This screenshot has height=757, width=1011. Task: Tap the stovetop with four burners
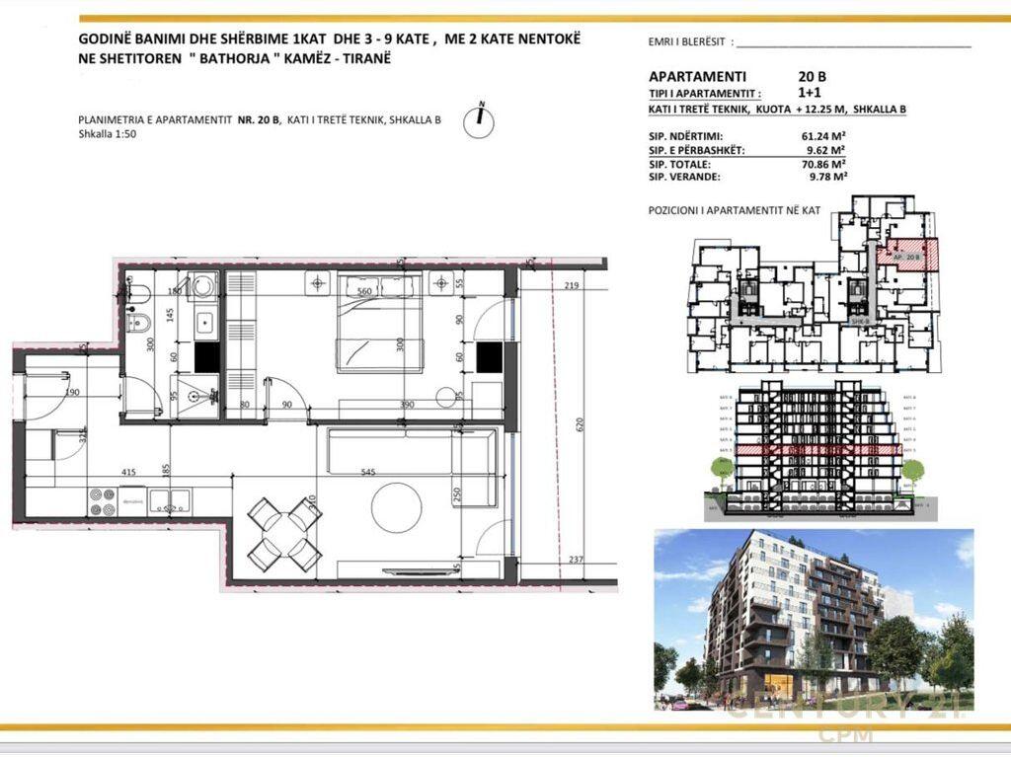click(x=103, y=502)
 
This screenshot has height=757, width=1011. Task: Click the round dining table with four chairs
click(x=283, y=536)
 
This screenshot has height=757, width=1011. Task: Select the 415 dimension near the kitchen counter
click(x=128, y=473)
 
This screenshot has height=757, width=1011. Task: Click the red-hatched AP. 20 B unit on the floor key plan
click(x=906, y=255)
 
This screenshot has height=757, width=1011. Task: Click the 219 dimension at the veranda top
click(x=571, y=285)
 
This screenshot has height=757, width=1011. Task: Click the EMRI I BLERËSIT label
click(x=687, y=42)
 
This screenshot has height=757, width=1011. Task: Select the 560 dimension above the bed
click(x=363, y=291)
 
